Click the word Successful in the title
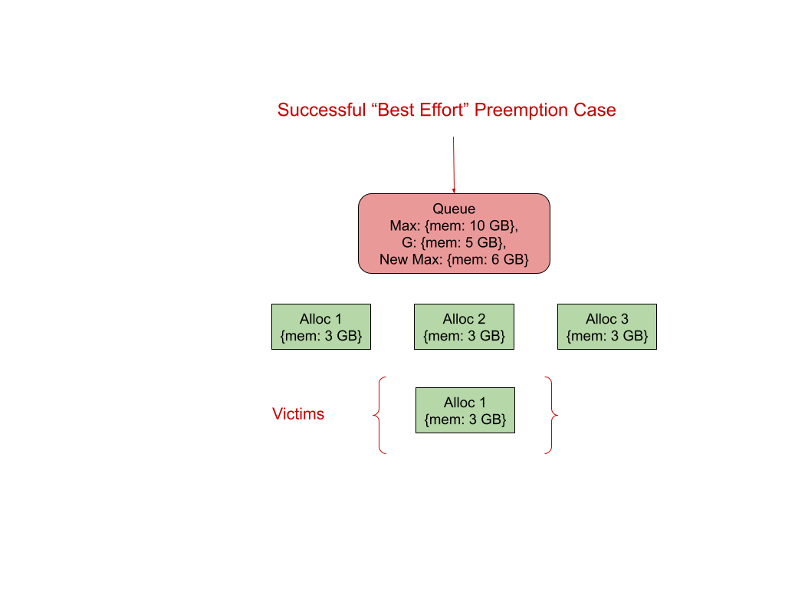(x=321, y=110)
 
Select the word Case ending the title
(x=594, y=110)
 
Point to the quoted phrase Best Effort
(x=421, y=110)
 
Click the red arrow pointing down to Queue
(x=454, y=165)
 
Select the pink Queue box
(x=454, y=233)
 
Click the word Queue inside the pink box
(x=454, y=209)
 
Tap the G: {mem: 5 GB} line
(x=454, y=243)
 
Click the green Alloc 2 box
(x=464, y=327)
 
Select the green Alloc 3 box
(x=607, y=327)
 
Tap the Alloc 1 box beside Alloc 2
(x=321, y=327)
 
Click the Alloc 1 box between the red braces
(x=465, y=410)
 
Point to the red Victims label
(x=298, y=414)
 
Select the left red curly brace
(x=379, y=415)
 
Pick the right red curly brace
(x=551, y=415)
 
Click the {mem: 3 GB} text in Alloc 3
(x=607, y=336)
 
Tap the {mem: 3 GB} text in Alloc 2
(x=464, y=336)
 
